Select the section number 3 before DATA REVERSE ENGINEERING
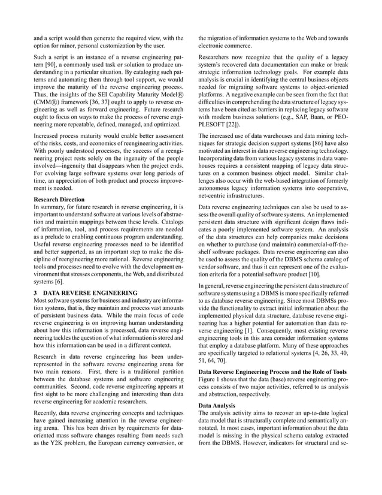pos(35,292)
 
